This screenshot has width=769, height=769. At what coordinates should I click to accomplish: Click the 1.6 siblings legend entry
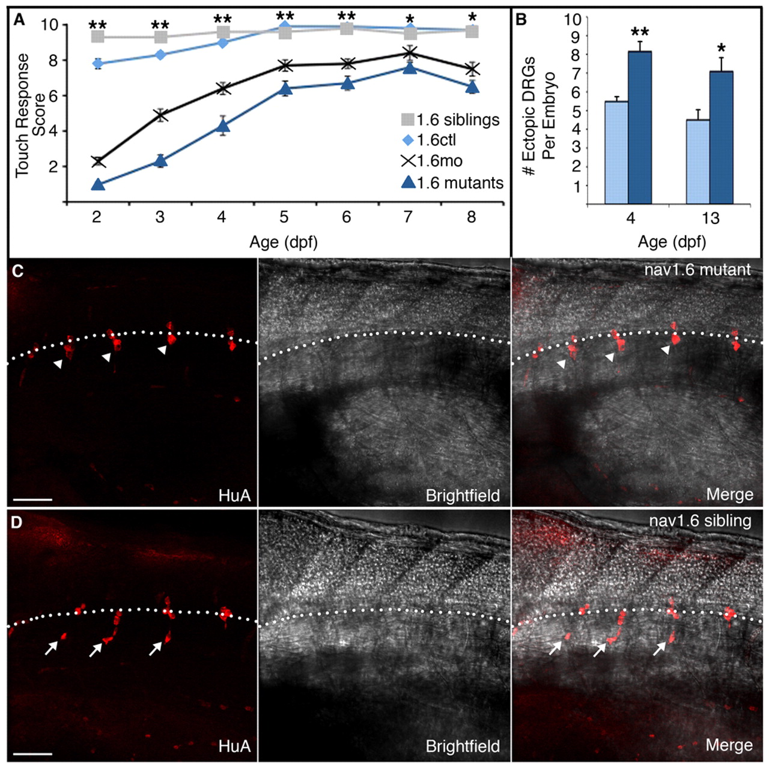pos(451,120)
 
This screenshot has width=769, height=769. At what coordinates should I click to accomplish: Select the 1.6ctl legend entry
pos(429,140)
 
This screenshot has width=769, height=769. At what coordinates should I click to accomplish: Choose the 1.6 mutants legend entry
pos(452,183)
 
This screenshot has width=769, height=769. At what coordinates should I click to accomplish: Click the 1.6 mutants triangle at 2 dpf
pos(98,184)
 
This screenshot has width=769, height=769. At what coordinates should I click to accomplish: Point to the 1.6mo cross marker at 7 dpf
pos(410,53)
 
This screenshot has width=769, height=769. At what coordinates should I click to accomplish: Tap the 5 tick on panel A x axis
pos(284,216)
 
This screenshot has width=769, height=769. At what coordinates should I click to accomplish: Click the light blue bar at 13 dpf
pos(698,162)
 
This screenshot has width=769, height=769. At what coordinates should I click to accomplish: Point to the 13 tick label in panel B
pos(710,217)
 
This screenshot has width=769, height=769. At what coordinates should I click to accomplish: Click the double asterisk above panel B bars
pos(640,32)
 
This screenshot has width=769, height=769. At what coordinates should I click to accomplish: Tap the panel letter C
pos(19,271)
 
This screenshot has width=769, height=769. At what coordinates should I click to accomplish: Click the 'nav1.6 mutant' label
pos(697,269)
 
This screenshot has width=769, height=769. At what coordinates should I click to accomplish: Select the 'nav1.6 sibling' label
pos(700,520)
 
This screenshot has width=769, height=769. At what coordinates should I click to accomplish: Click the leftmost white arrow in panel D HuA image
pos(52,646)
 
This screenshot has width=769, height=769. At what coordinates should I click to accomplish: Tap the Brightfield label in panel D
pos(462,746)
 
